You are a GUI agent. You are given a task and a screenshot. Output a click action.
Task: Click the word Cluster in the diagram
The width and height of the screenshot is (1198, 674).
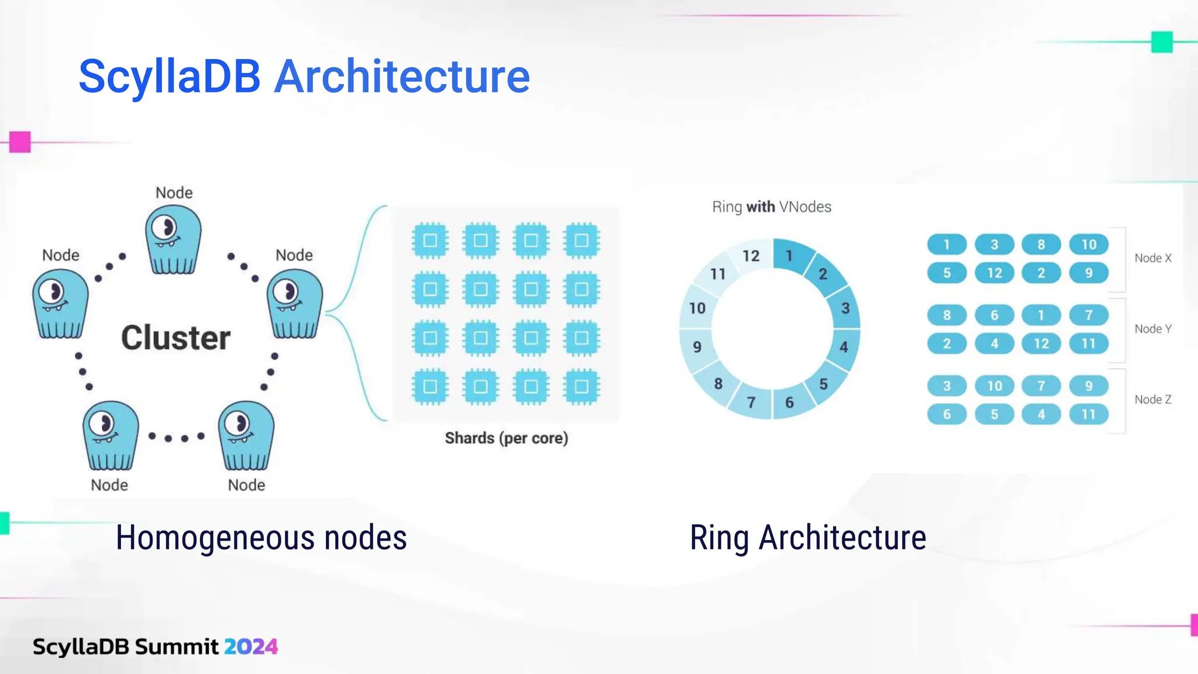click(175, 338)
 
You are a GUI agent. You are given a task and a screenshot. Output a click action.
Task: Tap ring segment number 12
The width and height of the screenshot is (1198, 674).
click(751, 256)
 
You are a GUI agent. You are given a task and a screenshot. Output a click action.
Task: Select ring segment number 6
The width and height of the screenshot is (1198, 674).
click(789, 403)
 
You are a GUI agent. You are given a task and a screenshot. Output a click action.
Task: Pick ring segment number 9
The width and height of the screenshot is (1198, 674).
click(697, 347)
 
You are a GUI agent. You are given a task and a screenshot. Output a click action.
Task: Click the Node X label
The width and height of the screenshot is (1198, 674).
click(1152, 258)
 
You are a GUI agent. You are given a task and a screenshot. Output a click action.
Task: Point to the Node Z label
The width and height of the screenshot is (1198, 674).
click(1152, 400)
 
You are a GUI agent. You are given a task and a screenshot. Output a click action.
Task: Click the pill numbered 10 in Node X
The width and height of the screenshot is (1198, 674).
click(1088, 245)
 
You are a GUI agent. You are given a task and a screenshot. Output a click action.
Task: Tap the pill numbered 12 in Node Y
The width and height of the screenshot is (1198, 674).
click(1041, 343)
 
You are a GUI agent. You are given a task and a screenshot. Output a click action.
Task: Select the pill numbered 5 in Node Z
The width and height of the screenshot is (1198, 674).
click(994, 414)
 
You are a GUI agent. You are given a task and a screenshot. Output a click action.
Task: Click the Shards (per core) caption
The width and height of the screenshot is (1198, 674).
click(506, 438)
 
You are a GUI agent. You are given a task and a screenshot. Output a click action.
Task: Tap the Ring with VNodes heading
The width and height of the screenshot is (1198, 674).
click(771, 207)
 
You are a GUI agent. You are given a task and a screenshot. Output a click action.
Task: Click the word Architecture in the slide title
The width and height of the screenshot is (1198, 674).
click(402, 76)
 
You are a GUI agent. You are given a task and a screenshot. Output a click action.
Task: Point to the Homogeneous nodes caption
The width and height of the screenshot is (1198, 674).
click(261, 538)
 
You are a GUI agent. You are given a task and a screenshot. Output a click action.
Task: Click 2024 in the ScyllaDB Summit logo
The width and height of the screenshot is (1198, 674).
click(251, 647)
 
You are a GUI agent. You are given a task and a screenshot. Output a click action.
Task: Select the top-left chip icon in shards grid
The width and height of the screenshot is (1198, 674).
click(430, 240)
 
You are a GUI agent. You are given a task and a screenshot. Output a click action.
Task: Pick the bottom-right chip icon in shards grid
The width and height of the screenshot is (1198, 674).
click(581, 387)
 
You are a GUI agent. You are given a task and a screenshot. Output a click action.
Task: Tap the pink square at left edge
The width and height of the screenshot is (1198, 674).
click(20, 142)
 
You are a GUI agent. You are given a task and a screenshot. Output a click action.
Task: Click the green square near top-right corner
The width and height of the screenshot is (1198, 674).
click(1162, 42)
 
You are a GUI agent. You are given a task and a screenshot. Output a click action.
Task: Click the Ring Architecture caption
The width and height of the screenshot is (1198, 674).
click(808, 538)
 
